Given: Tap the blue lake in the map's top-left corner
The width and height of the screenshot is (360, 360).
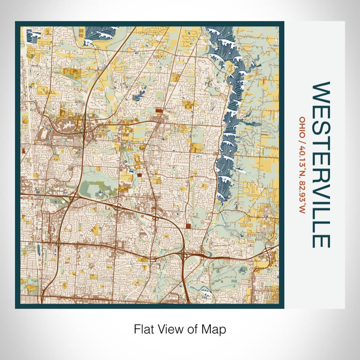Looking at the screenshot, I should point(34,35).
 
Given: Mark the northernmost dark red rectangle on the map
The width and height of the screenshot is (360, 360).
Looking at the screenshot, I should point(158,110).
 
